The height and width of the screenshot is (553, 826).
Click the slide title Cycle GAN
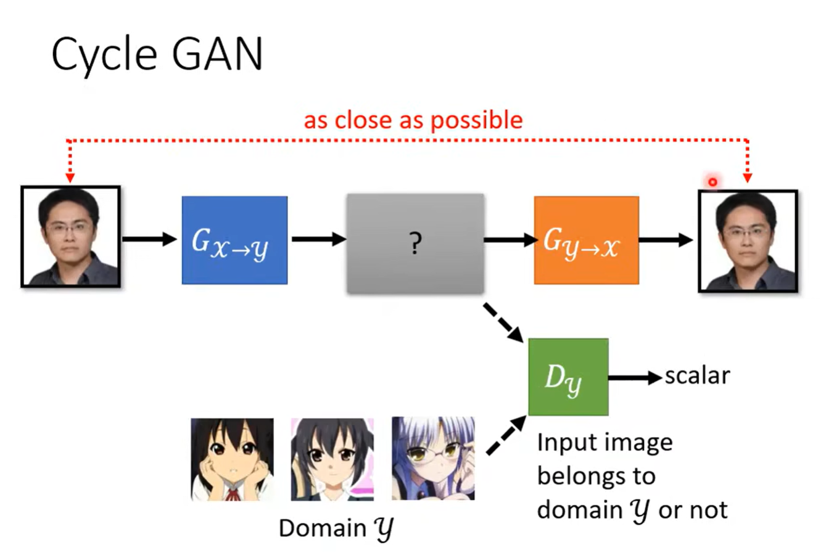click(157, 54)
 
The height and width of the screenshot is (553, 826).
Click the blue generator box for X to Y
click(234, 240)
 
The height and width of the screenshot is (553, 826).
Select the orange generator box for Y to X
click(586, 240)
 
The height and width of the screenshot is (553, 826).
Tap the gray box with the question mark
click(415, 244)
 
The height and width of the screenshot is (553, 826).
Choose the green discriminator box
click(568, 377)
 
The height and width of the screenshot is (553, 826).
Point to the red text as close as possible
click(413, 120)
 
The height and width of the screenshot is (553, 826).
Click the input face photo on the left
click(70, 237)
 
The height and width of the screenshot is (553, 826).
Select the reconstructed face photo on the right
click(748, 240)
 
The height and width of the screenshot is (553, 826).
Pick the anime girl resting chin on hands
click(232, 459)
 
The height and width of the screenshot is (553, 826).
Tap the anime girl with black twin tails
click(332, 459)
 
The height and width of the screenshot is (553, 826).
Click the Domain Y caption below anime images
click(336, 528)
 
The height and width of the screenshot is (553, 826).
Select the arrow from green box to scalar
click(635, 377)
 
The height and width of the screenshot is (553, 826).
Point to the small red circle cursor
click(712, 182)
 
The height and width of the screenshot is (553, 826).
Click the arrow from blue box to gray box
click(318, 239)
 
